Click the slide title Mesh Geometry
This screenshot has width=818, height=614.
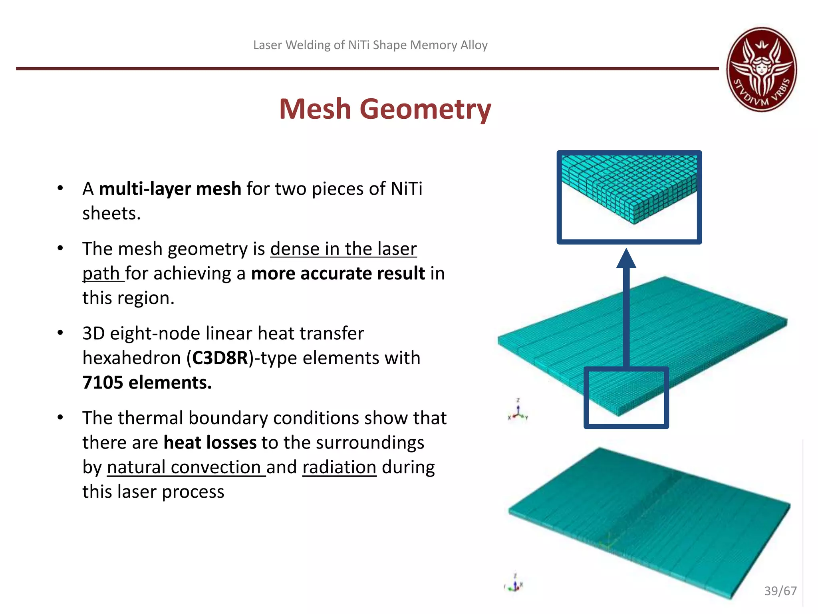385,109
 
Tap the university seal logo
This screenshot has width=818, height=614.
761,69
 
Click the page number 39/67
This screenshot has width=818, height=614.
780,590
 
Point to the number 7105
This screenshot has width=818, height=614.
103,383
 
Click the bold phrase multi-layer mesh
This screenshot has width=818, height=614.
170,189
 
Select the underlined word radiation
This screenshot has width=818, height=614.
339,467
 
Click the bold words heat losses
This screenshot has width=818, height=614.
210,443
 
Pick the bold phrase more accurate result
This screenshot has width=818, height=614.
338,274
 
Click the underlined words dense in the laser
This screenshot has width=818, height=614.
343,249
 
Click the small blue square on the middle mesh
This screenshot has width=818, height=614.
626,398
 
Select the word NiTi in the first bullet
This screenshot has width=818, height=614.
406,189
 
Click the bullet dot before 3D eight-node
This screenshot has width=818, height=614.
60,333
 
